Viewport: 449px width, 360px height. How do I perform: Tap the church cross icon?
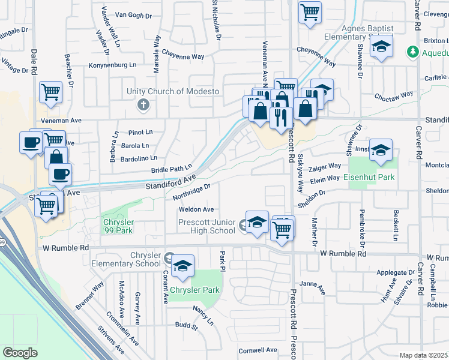tap(143, 106)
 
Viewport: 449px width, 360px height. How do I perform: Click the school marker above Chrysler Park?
tap(182, 266)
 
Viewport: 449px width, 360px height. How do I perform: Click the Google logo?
tap(20, 353)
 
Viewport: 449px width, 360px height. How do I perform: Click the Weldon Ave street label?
tap(196, 209)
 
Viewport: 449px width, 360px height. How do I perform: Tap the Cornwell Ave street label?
tap(258, 350)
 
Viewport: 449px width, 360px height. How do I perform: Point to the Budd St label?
tap(186, 326)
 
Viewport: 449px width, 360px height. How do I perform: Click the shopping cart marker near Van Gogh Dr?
tap(310, 11)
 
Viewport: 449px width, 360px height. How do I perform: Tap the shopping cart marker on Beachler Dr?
tap(51, 92)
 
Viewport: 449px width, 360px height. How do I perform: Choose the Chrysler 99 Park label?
tap(113, 227)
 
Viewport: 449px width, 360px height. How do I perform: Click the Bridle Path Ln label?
tap(172, 170)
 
